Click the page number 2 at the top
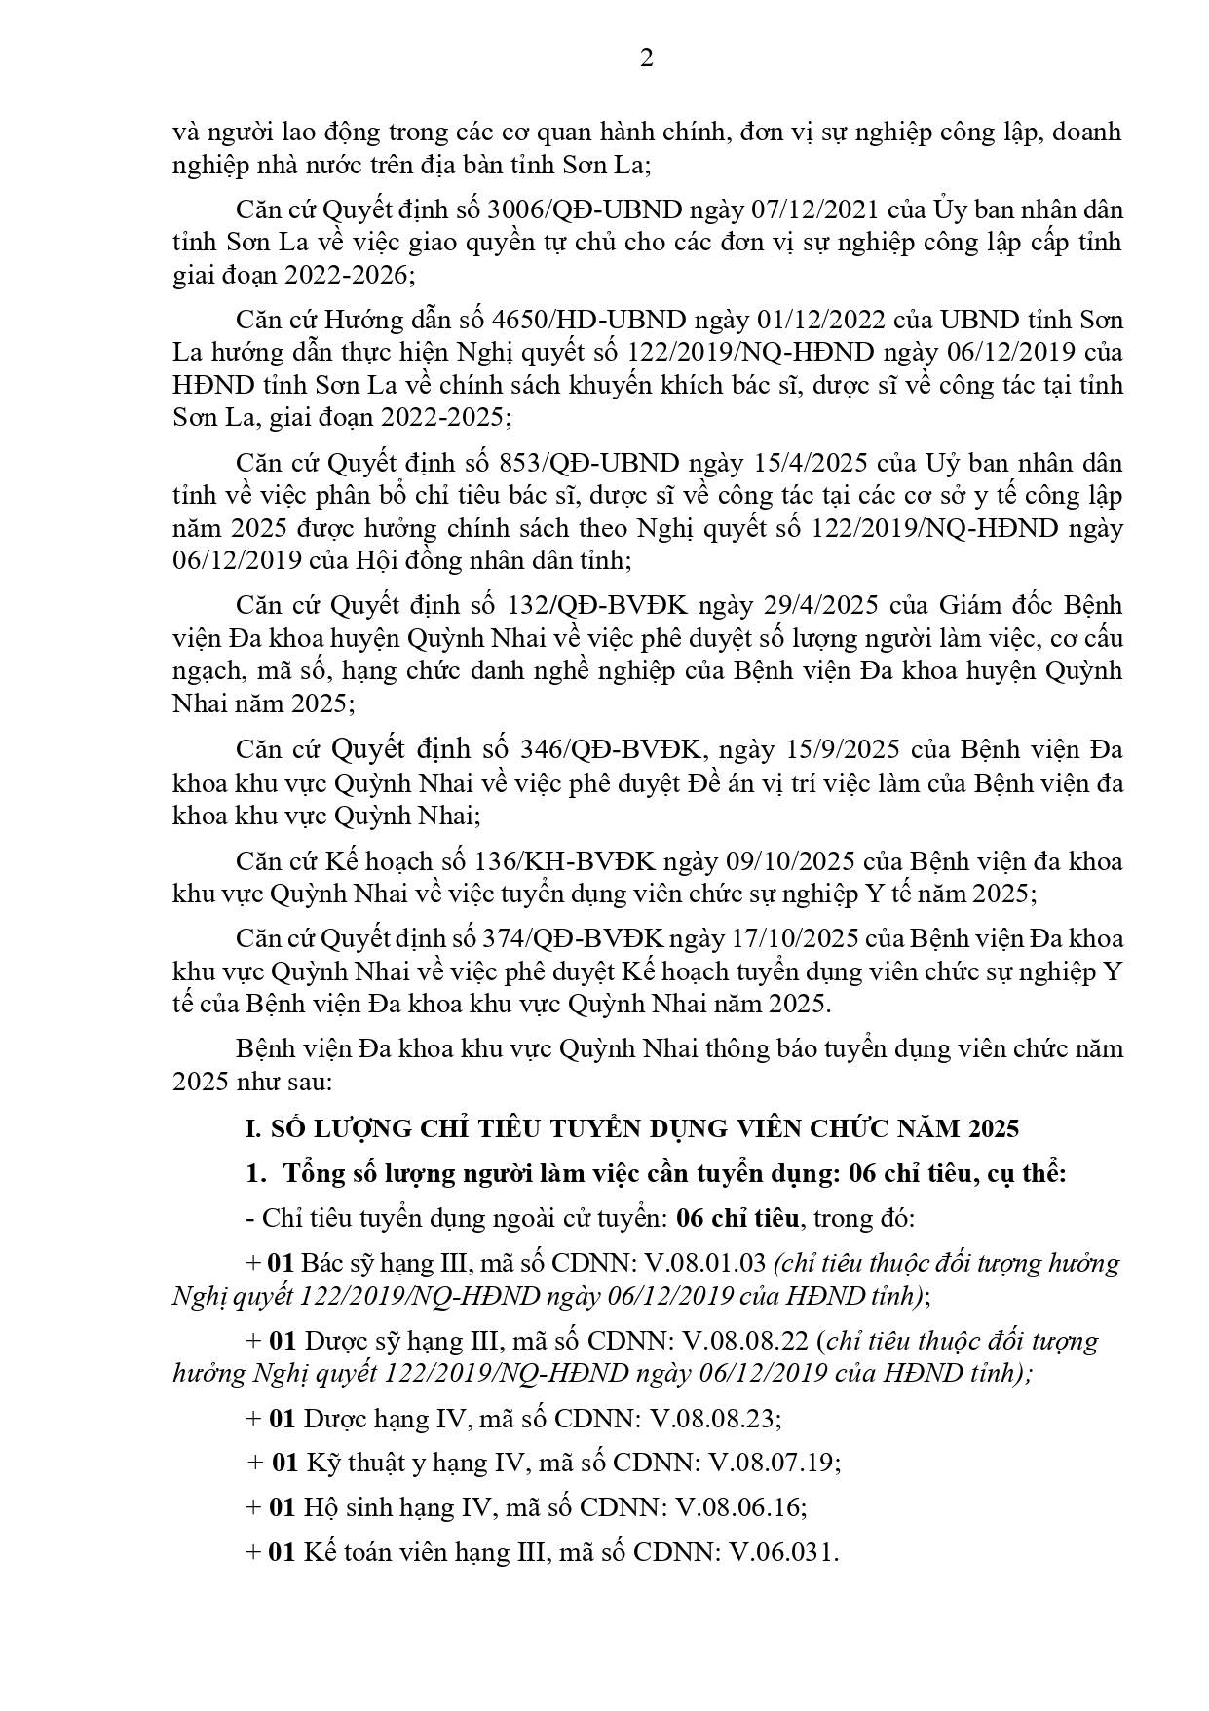point(646,58)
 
